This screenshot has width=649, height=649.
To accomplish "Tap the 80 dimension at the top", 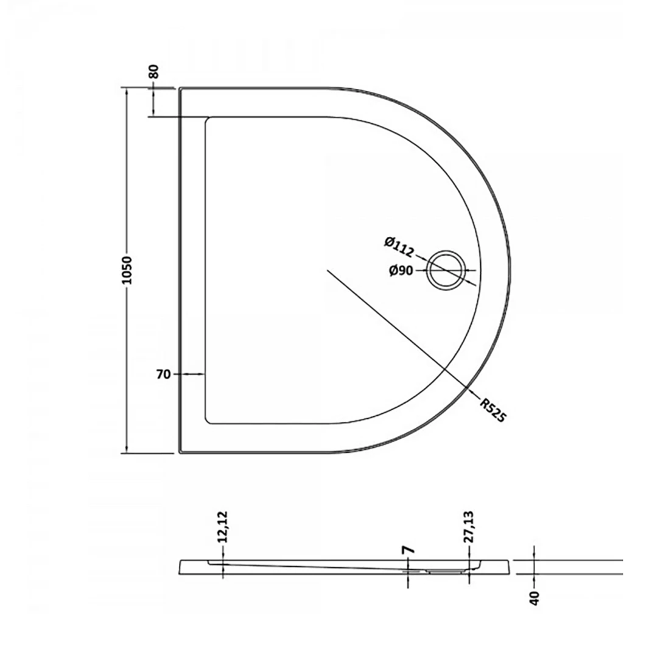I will coord(153,71).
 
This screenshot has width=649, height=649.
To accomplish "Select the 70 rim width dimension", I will coord(163,374).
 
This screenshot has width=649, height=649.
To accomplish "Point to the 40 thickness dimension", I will coord(535,598).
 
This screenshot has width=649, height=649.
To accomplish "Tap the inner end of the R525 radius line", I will coord(328,270).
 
